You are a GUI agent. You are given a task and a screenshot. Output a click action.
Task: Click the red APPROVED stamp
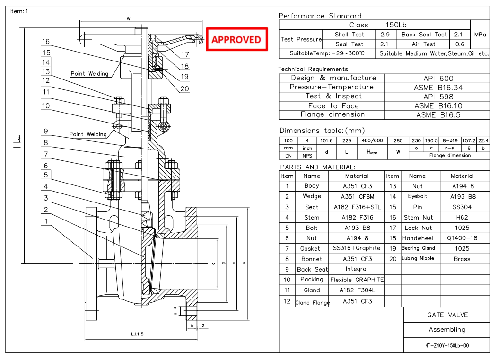click(x=236, y=40)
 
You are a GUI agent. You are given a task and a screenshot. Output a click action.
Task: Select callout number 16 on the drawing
click(x=46, y=42)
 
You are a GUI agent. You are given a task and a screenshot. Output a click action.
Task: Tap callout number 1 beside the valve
click(x=46, y=221)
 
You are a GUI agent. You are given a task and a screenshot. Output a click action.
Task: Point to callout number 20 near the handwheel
click(x=184, y=88)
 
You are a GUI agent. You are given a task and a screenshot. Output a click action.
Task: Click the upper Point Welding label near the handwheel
click(x=89, y=74)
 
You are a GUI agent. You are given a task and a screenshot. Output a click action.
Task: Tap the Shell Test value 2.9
click(x=385, y=35)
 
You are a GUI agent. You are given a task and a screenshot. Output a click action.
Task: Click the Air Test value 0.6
click(x=458, y=44)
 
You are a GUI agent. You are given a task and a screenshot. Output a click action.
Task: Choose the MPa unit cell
click(x=480, y=35)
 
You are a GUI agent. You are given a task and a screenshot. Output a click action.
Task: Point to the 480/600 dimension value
click(x=373, y=140)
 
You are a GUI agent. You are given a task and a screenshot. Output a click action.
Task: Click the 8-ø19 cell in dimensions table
click(x=450, y=140)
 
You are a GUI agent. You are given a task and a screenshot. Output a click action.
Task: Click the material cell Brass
click(x=462, y=259)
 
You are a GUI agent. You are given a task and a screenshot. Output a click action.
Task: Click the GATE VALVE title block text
click(x=447, y=315)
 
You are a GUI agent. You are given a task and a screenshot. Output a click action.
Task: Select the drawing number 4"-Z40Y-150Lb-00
click(x=447, y=345)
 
